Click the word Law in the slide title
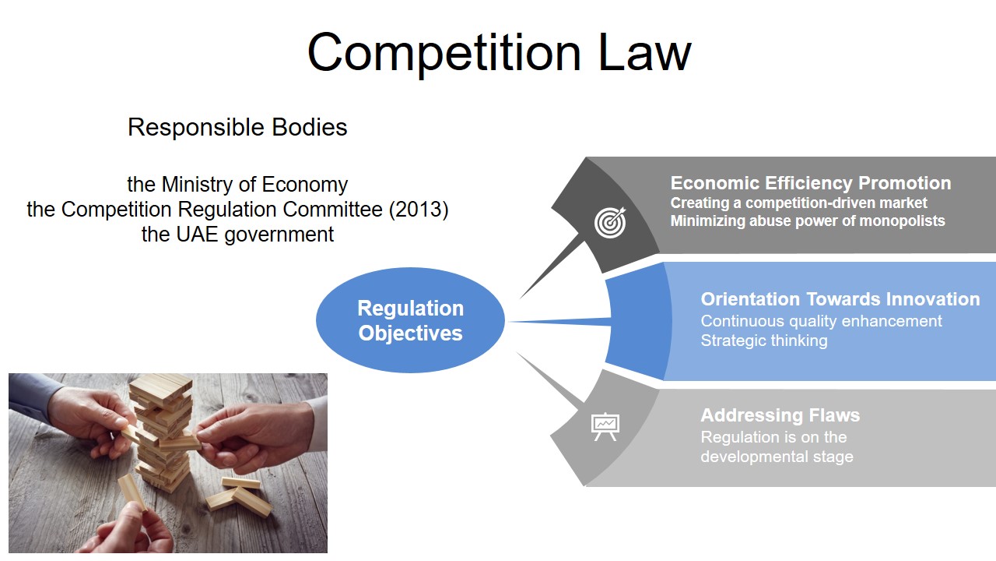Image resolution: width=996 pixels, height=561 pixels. (644, 52)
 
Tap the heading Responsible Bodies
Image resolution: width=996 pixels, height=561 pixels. (237, 127)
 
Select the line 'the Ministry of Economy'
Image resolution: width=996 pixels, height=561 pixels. (237, 185)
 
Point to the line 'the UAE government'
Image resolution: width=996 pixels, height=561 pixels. (237, 234)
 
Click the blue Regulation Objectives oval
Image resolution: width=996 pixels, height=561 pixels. (410, 320)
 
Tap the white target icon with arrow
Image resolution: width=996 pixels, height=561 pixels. (609, 222)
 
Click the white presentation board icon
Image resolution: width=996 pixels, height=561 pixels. (605, 426)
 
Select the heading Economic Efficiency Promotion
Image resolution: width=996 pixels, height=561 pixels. (810, 183)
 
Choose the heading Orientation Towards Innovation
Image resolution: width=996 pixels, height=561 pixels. (840, 299)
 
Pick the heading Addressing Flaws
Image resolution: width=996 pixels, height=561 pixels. (780, 415)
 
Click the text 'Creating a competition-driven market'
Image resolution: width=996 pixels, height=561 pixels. (798, 203)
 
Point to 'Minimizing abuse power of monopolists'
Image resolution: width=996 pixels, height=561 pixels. (807, 221)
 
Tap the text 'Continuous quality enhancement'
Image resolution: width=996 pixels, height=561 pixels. (821, 321)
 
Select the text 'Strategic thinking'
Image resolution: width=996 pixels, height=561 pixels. (763, 340)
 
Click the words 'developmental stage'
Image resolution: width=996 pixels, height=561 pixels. (776, 457)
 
